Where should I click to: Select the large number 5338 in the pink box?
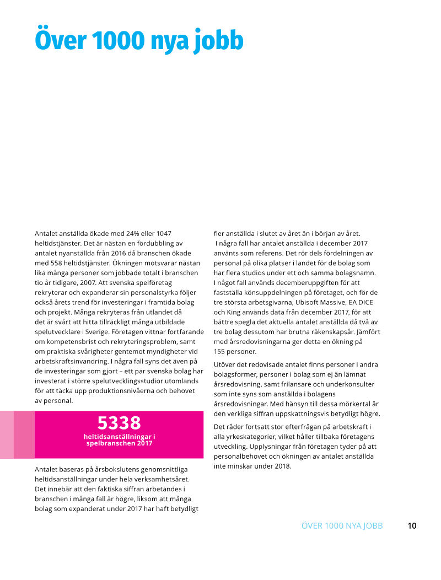(119, 423)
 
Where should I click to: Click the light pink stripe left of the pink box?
(7, 434)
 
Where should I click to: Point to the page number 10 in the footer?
(412, 525)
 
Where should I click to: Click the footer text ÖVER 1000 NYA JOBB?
(342, 525)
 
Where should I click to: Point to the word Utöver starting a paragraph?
(225, 364)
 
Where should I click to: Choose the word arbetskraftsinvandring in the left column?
(71, 361)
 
